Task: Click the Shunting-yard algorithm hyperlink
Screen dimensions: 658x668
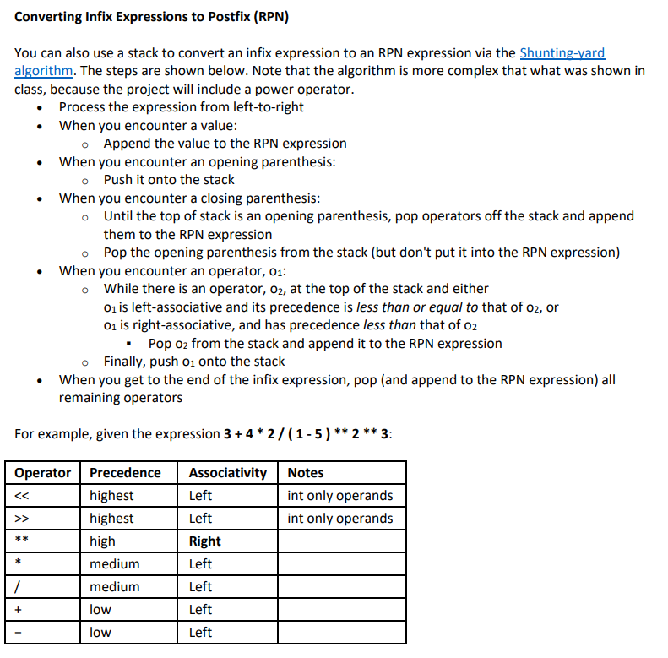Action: tap(562, 52)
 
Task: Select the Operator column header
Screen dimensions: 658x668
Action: tap(42, 473)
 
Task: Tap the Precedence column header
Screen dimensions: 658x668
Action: tap(125, 473)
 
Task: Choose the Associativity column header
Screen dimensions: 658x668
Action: tap(227, 473)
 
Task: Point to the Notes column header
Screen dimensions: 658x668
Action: tap(305, 473)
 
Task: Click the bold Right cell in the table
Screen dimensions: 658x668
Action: tap(205, 541)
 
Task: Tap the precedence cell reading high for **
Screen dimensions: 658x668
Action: tap(102, 541)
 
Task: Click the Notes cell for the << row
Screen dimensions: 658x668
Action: tap(339, 496)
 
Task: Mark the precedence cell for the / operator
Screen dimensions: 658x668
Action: tap(114, 587)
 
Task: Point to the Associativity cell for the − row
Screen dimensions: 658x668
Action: tap(201, 633)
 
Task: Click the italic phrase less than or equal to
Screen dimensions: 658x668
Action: tap(425, 307)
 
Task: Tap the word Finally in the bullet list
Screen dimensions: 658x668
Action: tap(128, 362)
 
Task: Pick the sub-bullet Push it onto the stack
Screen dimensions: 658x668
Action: tap(169, 180)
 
